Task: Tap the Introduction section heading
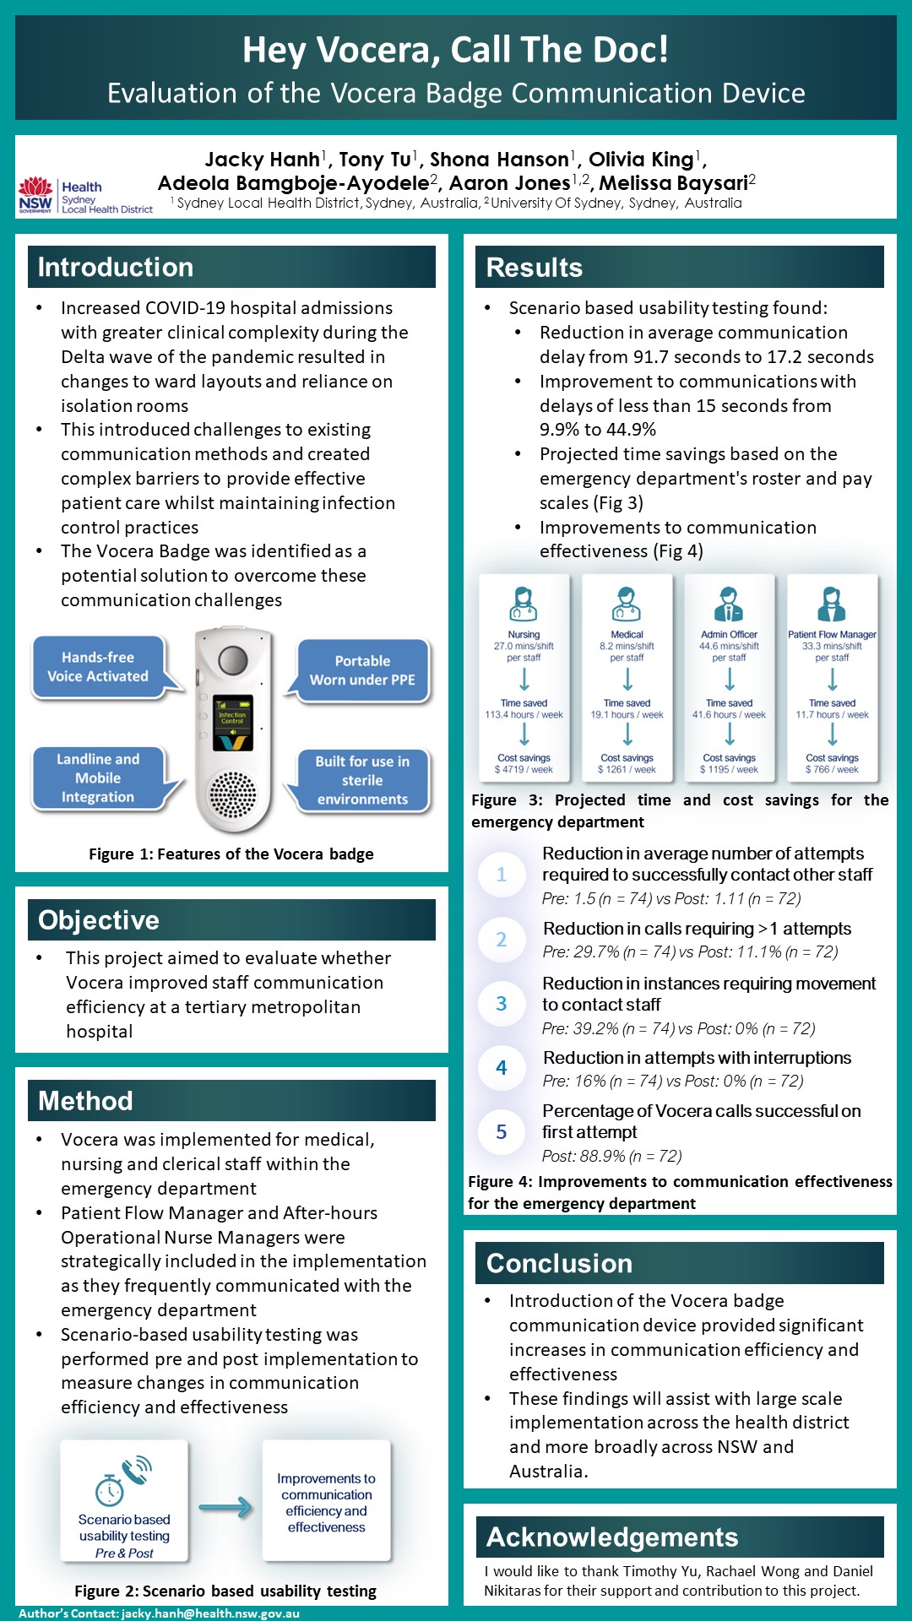point(116,267)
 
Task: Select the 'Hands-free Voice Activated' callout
point(98,667)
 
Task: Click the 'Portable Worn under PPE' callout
point(362,670)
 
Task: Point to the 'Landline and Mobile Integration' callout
point(98,778)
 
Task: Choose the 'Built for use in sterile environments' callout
point(362,780)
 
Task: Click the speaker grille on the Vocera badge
point(232,794)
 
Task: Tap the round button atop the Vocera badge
point(232,660)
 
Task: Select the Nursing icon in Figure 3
point(524,604)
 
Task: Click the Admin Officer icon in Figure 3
point(729,604)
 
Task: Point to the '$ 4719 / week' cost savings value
point(524,769)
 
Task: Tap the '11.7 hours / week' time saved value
point(832,714)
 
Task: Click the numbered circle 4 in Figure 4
point(502,1068)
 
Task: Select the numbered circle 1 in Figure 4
point(502,874)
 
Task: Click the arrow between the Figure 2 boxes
point(225,1507)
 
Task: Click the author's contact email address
point(210,1613)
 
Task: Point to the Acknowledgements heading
point(612,1537)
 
